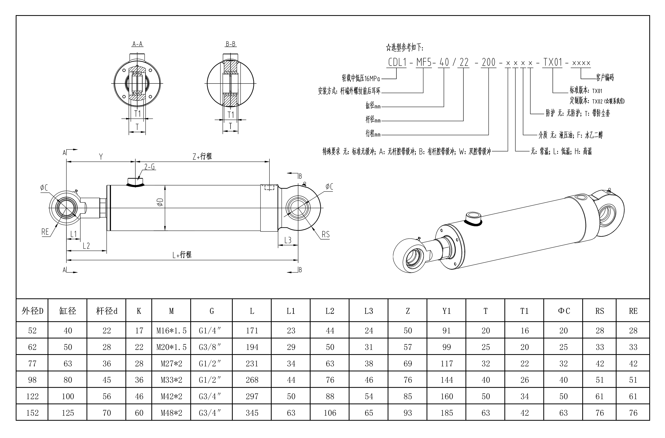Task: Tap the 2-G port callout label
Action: pyautogui.click(x=149, y=167)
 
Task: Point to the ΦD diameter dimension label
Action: pyautogui.click(x=160, y=202)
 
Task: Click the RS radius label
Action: pyautogui.click(x=325, y=234)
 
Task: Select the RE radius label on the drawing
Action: pyautogui.click(x=45, y=232)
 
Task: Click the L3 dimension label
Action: pyautogui.click(x=288, y=240)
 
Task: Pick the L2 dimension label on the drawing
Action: pyautogui.click(x=86, y=246)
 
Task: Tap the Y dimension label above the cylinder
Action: pyautogui.click(x=101, y=157)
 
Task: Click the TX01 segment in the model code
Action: pyautogui.click(x=553, y=62)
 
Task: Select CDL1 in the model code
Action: pyautogui.click(x=397, y=62)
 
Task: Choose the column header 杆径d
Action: pyautogui.click(x=106, y=311)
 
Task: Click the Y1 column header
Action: pyautogui.click(x=446, y=311)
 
